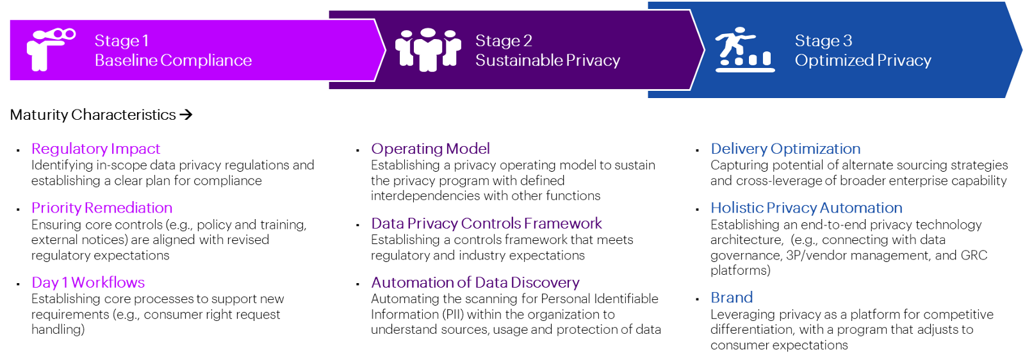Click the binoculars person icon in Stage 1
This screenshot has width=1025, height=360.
click(x=49, y=49)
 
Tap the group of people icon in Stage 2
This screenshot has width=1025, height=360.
click(x=428, y=49)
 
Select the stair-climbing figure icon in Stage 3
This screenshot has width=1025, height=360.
click(x=744, y=49)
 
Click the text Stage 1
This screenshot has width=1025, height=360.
click(x=122, y=40)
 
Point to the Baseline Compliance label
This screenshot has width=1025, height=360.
click(x=173, y=60)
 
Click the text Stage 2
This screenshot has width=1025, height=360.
click(x=504, y=40)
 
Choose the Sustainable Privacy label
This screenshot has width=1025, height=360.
click(x=548, y=60)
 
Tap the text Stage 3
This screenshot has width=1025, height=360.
click(x=823, y=40)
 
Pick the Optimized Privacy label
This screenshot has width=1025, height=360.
click(x=863, y=60)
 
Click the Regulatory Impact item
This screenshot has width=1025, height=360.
click(x=95, y=149)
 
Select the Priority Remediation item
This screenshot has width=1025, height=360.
click(x=102, y=208)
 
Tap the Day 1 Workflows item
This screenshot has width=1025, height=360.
click(x=88, y=282)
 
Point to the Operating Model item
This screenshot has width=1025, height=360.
click(x=430, y=149)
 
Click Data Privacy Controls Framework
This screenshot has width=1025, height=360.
click(x=487, y=224)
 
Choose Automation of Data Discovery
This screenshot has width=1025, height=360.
click(x=475, y=282)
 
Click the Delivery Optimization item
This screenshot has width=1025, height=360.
click(x=785, y=149)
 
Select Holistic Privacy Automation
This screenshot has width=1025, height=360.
click(x=806, y=208)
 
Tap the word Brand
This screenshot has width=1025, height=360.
click(x=732, y=298)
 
